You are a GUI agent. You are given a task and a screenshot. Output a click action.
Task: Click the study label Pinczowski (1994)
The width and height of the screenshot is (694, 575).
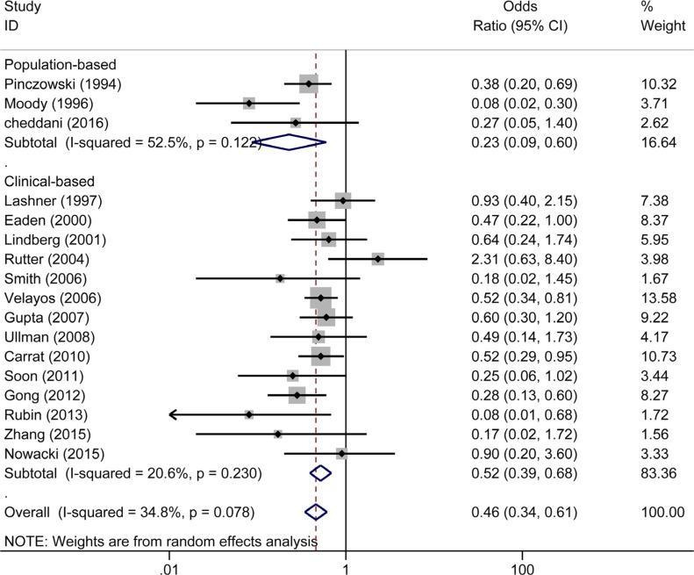point(63,84)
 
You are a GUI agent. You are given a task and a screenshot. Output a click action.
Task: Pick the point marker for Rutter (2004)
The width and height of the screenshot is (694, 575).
point(377,259)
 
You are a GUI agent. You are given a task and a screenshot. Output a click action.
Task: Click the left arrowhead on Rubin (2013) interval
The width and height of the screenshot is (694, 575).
point(173,413)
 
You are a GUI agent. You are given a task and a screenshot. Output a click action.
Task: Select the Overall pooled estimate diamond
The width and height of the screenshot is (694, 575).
point(315,512)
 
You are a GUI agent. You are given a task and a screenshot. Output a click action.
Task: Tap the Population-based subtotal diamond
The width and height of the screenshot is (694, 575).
point(293,141)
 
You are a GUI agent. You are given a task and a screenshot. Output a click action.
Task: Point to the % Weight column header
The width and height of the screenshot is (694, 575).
point(662,16)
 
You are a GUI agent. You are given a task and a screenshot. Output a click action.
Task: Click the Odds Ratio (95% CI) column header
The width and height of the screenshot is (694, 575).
point(520,16)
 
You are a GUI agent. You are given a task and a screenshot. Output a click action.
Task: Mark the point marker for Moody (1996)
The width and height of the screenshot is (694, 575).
point(249,104)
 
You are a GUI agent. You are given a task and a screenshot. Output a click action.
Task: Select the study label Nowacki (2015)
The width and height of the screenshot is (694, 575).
point(54,454)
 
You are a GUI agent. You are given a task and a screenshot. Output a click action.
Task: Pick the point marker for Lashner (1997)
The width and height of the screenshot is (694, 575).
point(342,201)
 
